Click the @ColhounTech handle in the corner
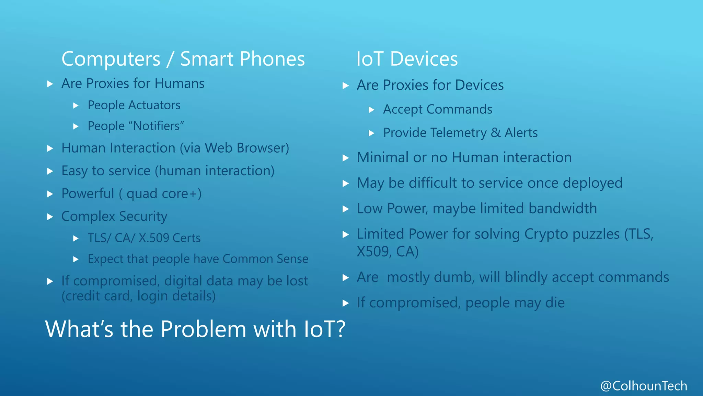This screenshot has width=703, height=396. tap(644, 386)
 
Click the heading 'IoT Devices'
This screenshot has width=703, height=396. tap(407, 59)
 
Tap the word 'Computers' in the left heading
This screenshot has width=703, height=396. tap(111, 59)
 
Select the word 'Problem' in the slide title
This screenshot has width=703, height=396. tap(204, 329)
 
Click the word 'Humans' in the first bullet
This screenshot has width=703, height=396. tap(179, 84)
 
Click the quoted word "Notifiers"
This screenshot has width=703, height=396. tap(158, 126)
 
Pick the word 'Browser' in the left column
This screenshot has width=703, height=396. tap(263, 148)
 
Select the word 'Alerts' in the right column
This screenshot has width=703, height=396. tap(521, 133)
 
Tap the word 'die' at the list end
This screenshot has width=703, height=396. tap(555, 303)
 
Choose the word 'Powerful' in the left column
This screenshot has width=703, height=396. tap(88, 194)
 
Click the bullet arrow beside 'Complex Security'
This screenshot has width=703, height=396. tap(50, 217)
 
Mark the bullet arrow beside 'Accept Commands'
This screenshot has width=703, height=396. tap(371, 110)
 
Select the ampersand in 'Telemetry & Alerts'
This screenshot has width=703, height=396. tap(495, 133)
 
